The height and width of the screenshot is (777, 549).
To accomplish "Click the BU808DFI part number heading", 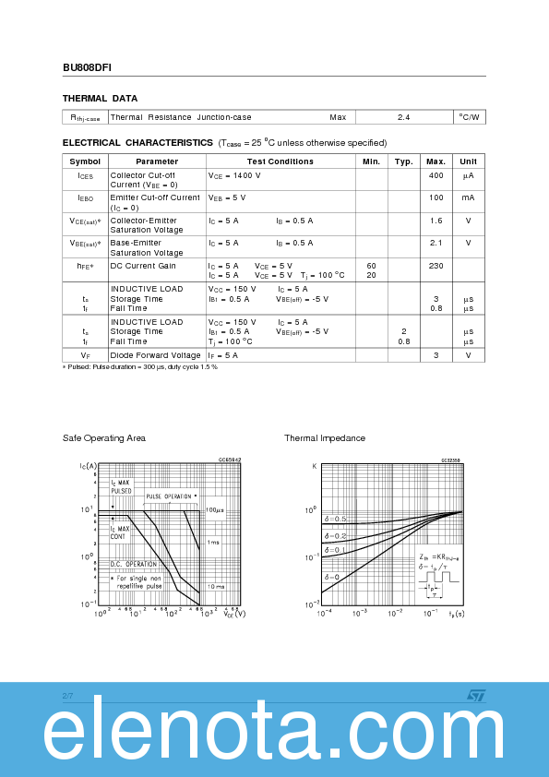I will tap(88, 67).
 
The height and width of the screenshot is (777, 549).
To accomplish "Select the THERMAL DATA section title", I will tap(100, 98).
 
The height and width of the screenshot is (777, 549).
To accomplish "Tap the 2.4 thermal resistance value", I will tap(403, 117).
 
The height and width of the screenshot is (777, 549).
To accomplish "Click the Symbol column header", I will tap(85, 161).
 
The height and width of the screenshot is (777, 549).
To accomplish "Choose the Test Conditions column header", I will tap(280, 161).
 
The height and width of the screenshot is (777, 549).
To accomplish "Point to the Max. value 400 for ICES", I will tap(436, 174).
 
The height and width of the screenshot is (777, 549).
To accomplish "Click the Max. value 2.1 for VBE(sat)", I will tap(436, 243).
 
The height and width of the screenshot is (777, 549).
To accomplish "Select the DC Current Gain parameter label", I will tap(143, 266).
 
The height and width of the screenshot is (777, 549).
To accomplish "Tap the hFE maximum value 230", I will tap(436, 266).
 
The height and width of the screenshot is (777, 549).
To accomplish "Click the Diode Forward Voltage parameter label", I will tap(155, 354).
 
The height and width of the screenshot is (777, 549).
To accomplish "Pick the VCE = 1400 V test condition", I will tap(234, 174).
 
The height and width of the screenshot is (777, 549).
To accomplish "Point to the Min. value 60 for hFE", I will tap(371, 266).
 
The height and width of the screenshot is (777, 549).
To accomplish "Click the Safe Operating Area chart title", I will tap(104, 437).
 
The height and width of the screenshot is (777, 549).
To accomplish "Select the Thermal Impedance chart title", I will tap(325, 437).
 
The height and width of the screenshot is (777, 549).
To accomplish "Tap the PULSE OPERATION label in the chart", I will tap(172, 496).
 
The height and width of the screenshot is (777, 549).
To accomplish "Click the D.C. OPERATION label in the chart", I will tap(135, 564).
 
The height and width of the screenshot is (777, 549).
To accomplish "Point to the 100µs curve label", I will tap(214, 509).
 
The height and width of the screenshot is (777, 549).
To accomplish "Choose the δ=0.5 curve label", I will tap(336, 520).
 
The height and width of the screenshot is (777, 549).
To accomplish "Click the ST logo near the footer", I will tap(474, 695).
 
